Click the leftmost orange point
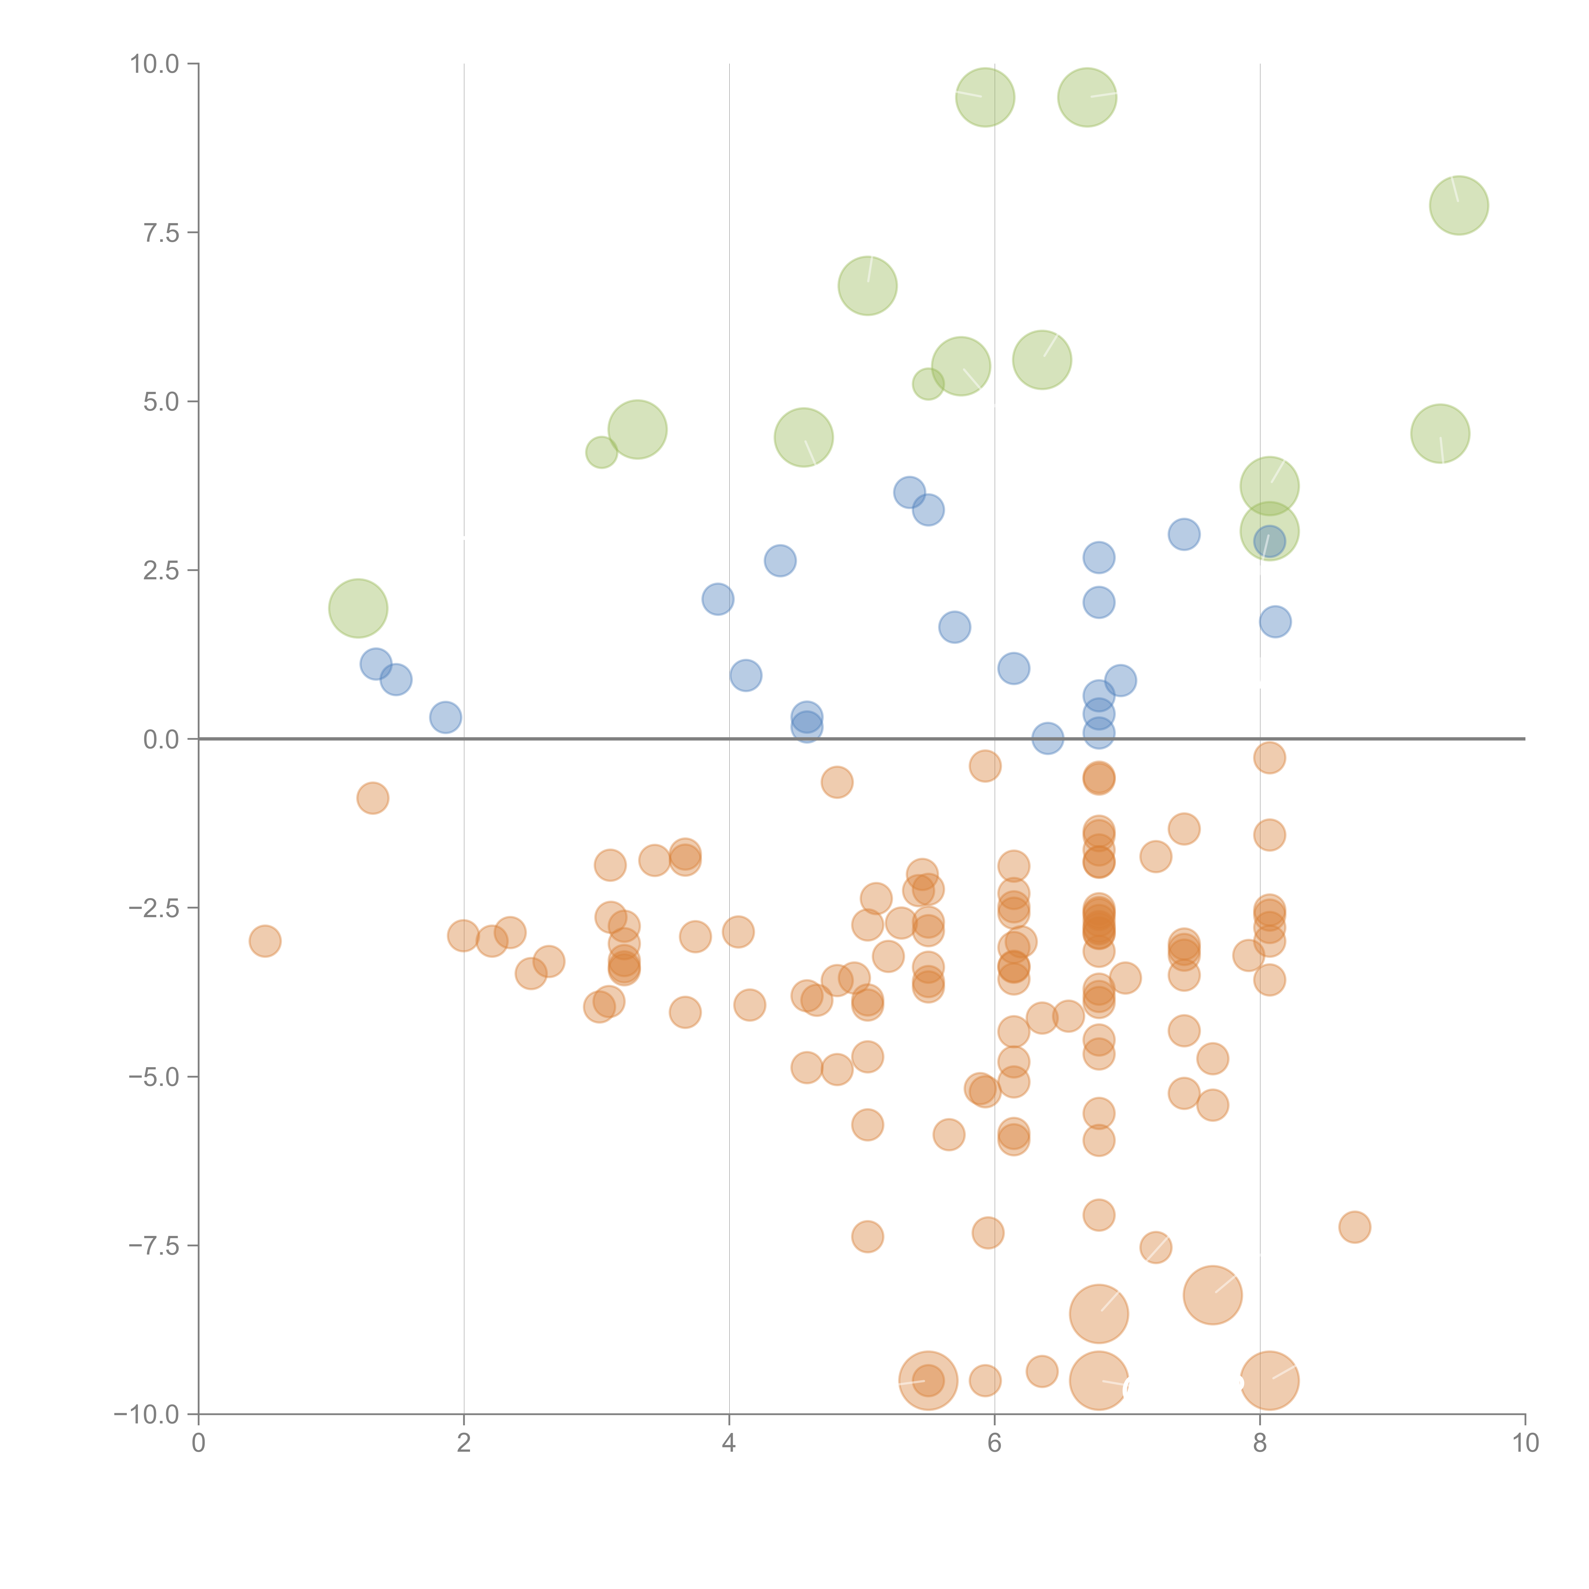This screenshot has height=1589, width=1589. (265, 941)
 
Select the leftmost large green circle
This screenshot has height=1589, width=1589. (358, 608)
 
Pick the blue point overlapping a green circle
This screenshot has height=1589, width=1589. (1269, 540)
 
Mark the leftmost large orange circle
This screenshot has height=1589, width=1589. (928, 1380)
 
